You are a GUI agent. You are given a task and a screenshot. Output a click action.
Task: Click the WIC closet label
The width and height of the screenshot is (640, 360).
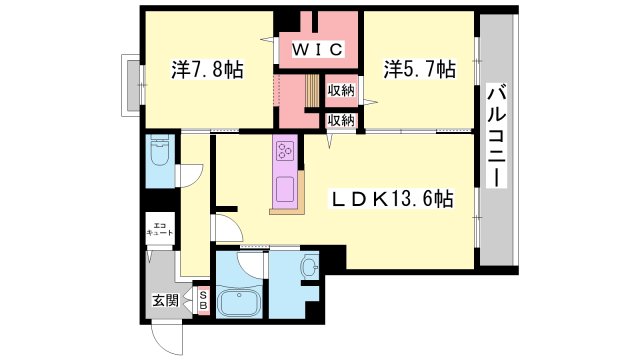[x=318, y=49]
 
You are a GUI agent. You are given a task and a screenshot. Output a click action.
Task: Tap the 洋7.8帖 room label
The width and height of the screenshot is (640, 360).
[x=207, y=69]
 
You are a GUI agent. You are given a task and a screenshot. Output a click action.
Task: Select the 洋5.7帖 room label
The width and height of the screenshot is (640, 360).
[x=420, y=69]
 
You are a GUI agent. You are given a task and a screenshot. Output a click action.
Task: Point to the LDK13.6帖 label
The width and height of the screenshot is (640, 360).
[x=393, y=200]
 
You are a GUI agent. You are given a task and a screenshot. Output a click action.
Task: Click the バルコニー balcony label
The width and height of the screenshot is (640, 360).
[x=497, y=136]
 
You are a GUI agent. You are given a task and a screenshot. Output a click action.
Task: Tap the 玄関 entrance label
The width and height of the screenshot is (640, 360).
[x=166, y=300]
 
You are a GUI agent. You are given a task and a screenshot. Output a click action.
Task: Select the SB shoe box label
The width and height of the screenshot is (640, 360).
[x=203, y=300]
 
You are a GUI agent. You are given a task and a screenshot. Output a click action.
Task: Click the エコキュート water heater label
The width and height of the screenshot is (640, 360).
[x=160, y=229]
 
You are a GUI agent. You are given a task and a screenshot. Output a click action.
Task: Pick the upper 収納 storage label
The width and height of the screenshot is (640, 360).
[x=341, y=91]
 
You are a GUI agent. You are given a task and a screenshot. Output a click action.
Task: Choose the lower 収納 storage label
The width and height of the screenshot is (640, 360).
[x=341, y=120]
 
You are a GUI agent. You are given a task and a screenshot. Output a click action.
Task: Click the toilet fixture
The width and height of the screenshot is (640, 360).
[x=160, y=150]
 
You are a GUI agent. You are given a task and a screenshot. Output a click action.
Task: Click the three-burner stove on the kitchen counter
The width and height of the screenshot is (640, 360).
[x=285, y=151]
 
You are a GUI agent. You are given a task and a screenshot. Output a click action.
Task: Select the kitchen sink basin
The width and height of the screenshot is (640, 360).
[x=285, y=189]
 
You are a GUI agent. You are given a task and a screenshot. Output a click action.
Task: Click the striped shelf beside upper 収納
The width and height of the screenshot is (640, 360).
[x=313, y=90]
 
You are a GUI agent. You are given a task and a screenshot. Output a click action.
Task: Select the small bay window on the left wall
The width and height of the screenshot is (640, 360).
[x=131, y=85]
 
